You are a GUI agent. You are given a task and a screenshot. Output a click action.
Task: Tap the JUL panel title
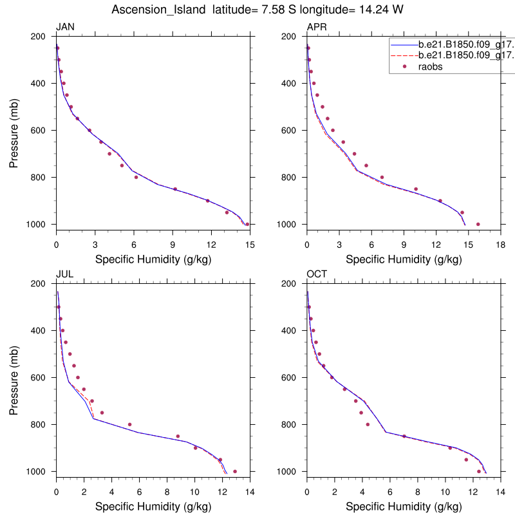pyautogui.click(x=64, y=274)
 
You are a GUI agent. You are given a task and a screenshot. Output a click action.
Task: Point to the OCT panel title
pyautogui.click(x=316, y=274)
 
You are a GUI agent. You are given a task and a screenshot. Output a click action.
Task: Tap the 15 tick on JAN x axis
pyautogui.click(x=250, y=245)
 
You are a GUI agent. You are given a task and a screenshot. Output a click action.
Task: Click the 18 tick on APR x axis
pyautogui.click(x=501, y=245)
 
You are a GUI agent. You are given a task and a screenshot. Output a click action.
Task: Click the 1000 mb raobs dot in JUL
pyautogui.click(x=235, y=471)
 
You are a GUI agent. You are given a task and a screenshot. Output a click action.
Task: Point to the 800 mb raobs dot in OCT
pyautogui.click(x=368, y=424)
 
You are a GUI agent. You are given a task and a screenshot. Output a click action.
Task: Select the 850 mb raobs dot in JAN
pyautogui.click(x=175, y=189)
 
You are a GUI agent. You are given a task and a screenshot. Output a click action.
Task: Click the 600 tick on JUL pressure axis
pyautogui.click(x=42, y=377)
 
